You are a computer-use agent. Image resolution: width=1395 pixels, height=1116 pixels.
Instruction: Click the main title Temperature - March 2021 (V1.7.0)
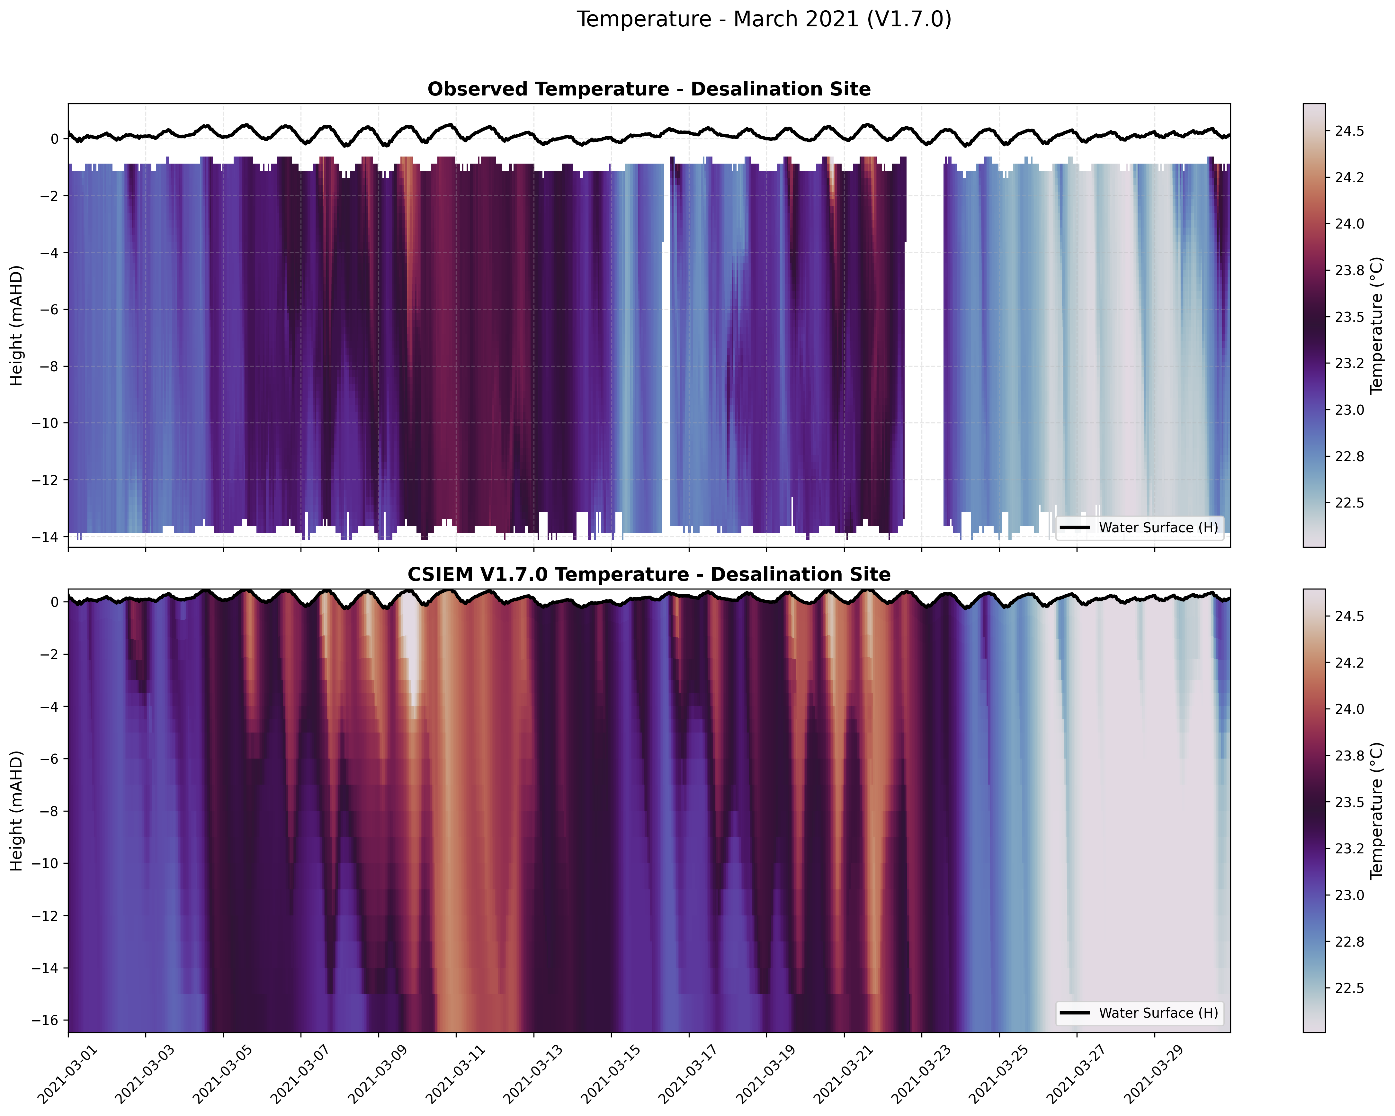tap(764, 19)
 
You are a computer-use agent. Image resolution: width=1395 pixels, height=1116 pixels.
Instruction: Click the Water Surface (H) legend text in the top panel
tap(1158, 527)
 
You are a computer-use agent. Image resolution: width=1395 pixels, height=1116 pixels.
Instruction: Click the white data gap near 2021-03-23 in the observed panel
tap(924, 337)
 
